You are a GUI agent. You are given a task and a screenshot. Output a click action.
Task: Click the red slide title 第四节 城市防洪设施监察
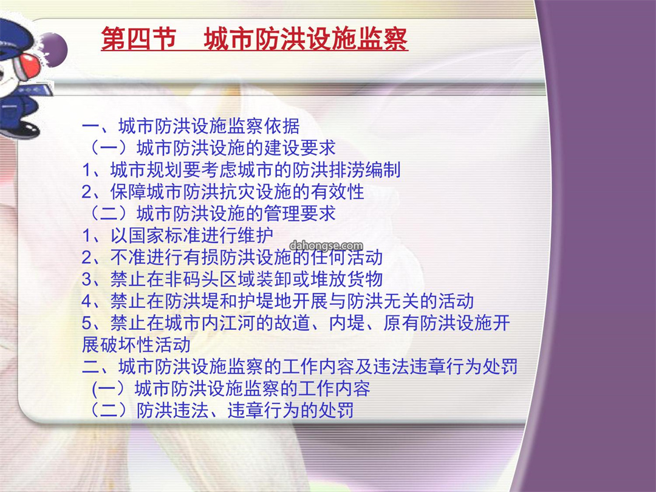[x=255, y=39]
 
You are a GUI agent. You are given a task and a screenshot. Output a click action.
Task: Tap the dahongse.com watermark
[x=326, y=245]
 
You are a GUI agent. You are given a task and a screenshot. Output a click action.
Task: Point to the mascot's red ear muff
[x=28, y=67]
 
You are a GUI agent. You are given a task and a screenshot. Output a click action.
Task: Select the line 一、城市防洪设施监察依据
[x=191, y=126]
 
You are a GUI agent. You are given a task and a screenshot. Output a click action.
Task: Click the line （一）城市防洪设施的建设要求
[x=211, y=148]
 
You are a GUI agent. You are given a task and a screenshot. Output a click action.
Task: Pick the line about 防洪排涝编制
[x=241, y=170]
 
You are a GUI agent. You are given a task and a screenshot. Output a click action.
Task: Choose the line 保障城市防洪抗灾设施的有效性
[x=223, y=191]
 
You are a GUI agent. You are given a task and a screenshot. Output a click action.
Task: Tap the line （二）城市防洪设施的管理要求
[x=211, y=213]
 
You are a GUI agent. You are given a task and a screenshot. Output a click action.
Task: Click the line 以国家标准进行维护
[x=178, y=235]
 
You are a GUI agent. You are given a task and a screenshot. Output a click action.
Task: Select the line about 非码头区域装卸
[x=232, y=279]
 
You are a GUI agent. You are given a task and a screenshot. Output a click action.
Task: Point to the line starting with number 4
[x=278, y=301]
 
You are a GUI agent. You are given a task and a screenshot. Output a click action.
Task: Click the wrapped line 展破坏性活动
[x=137, y=345]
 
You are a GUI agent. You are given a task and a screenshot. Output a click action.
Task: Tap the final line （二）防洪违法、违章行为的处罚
[x=220, y=410]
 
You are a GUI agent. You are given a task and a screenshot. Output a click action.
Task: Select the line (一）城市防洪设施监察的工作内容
[x=231, y=388]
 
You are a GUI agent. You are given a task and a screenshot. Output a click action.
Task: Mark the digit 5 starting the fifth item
[x=87, y=323]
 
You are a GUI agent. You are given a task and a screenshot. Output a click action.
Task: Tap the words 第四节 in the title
[x=138, y=39]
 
